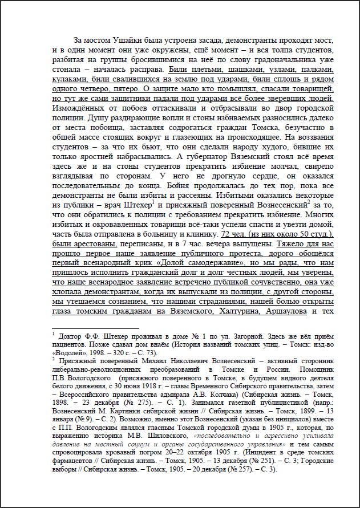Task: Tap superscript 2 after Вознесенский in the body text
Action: click(309, 201)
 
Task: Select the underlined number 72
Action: click(226, 233)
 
